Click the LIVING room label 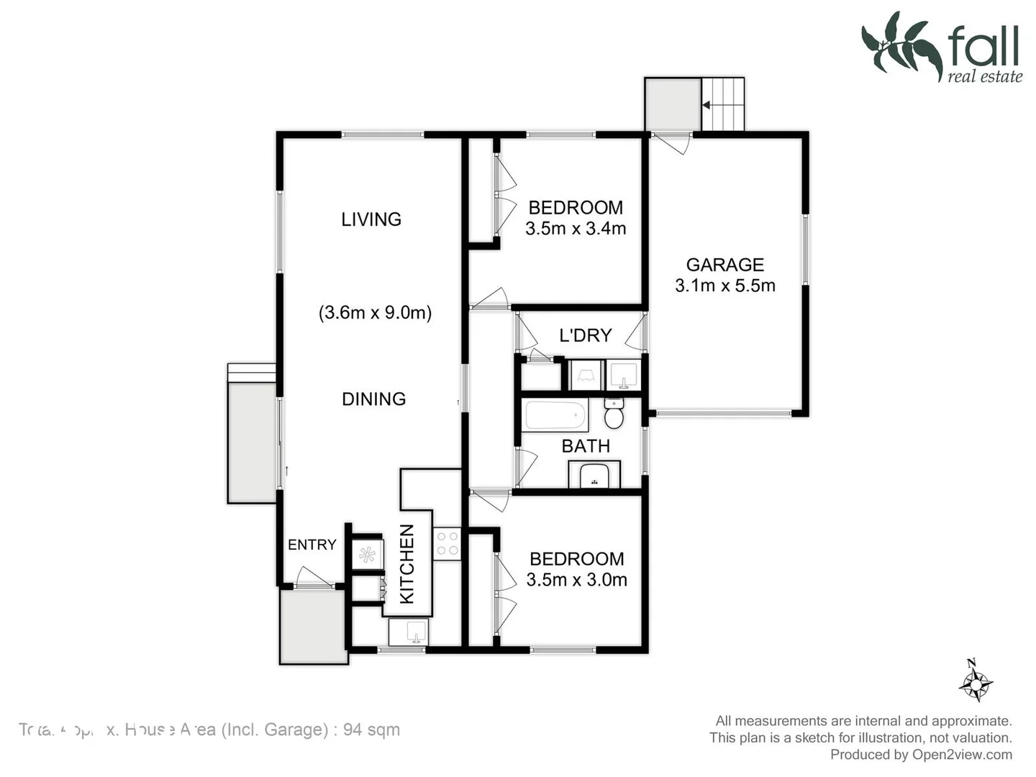click(371, 219)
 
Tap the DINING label click(373, 399)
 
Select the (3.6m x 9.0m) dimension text click(375, 313)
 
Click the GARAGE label click(724, 265)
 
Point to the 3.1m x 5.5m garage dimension click(725, 286)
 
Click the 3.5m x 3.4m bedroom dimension click(576, 229)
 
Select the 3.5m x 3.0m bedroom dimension click(576, 580)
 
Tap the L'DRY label click(585, 335)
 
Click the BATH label click(586, 446)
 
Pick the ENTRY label click(312, 545)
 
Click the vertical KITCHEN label click(407, 564)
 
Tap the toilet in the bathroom click(614, 414)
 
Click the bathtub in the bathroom click(555, 415)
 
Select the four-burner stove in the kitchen click(447, 543)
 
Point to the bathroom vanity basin click(594, 475)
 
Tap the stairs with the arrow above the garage click(722, 105)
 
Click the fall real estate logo click(942, 47)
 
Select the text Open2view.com click(962, 755)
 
